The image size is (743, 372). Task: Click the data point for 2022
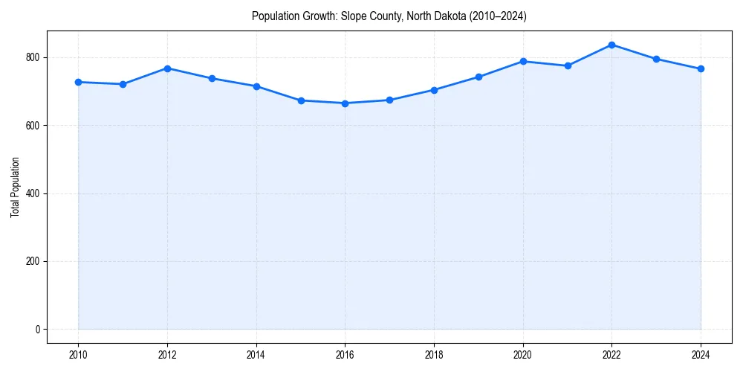point(611,45)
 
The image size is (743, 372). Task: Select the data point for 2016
point(345,103)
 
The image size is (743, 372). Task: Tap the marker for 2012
point(167,68)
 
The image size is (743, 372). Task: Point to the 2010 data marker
point(78,82)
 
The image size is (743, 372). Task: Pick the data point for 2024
point(701,69)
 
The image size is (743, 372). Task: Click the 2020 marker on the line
point(523,61)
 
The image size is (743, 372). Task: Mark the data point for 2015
point(301,100)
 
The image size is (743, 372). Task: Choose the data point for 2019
point(478,77)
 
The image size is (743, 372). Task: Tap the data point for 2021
point(568,65)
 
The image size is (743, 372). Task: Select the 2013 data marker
point(212,78)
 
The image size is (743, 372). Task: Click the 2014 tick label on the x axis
point(256,355)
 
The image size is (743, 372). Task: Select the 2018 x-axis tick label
point(434,355)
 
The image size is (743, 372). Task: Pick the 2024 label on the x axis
point(701,355)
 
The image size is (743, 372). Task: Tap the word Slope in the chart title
point(353,16)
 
